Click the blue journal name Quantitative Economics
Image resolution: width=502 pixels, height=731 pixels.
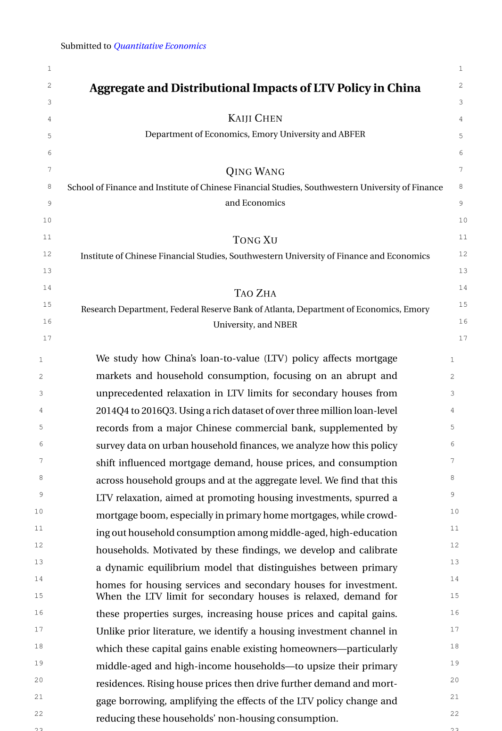point(160,46)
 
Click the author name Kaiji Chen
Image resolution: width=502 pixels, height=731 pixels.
point(255,118)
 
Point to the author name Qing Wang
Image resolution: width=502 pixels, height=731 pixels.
point(255,172)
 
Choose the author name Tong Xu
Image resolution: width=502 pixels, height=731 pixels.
point(255,240)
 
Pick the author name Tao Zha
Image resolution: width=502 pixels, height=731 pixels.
point(255,294)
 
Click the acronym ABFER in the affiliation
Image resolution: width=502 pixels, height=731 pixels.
point(352,134)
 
